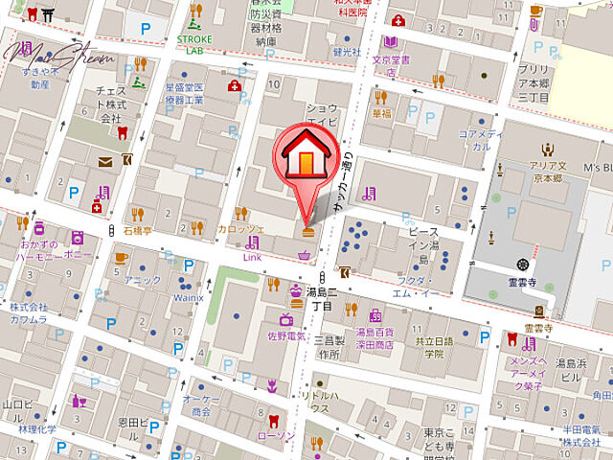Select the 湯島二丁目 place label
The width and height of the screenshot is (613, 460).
coord(319,298)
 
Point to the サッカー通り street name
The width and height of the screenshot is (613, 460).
coord(343,187)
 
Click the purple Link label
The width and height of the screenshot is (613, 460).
coord(252,258)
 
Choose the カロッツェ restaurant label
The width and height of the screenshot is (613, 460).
coord(240,228)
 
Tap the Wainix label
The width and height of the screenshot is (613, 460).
coord(189,297)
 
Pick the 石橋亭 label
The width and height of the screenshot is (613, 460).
coord(138,231)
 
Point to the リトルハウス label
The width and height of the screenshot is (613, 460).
coord(320,402)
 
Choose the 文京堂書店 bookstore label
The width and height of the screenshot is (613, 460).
coord(391,65)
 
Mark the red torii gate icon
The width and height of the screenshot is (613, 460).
coord(40,14)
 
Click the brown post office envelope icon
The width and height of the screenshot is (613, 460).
coord(104,162)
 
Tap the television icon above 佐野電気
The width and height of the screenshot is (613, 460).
coord(286,318)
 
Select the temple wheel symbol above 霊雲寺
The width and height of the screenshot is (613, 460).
coord(522,264)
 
